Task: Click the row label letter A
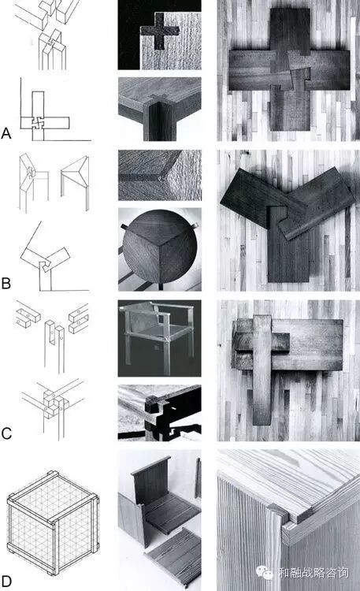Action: [6, 133]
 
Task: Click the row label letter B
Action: [6, 284]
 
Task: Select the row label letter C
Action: [6, 434]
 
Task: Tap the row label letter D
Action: [6, 580]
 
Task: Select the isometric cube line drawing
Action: [53, 522]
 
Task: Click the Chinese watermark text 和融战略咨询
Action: [314, 573]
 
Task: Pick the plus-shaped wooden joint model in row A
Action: [290, 69]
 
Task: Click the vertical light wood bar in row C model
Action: [263, 370]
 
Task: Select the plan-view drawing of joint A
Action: [44, 116]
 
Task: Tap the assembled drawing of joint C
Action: [53, 410]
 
